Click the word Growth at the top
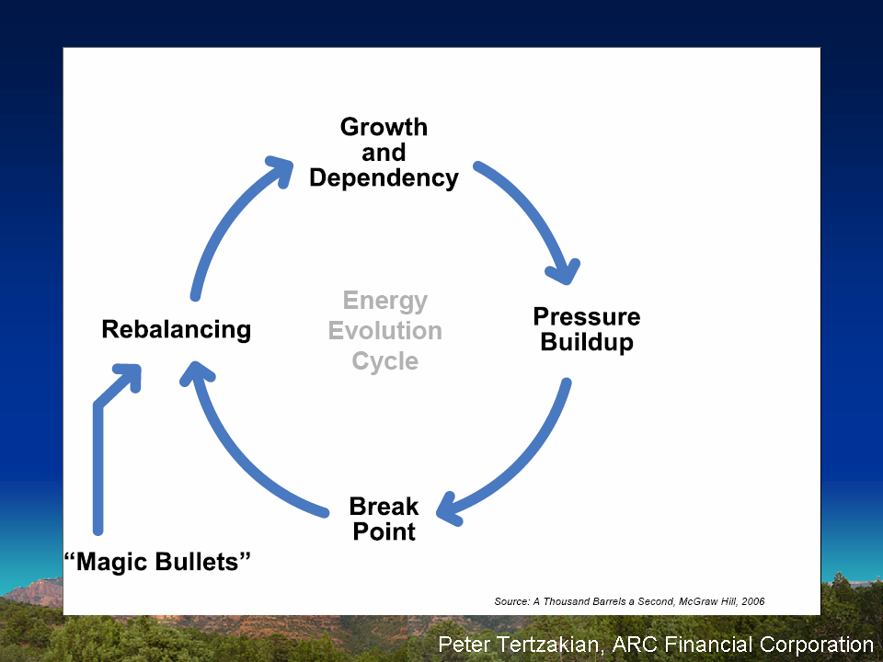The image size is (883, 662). click(x=384, y=127)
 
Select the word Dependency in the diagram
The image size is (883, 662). click(x=384, y=177)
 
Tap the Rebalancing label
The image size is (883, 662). click(x=177, y=330)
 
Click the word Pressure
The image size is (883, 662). click(x=587, y=317)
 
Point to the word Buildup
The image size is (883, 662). click(x=587, y=343)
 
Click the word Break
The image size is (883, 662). click(x=384, y=506)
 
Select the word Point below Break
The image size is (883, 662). click(x=384, y=531)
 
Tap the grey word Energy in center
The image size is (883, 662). click(x=385, y=302)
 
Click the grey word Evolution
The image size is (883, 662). click(x=385, y=330)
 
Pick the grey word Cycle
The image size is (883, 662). click(x=385, y=361)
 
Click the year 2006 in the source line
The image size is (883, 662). click(x=753, y=601)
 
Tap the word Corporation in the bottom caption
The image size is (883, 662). click(x=817, y=645)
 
